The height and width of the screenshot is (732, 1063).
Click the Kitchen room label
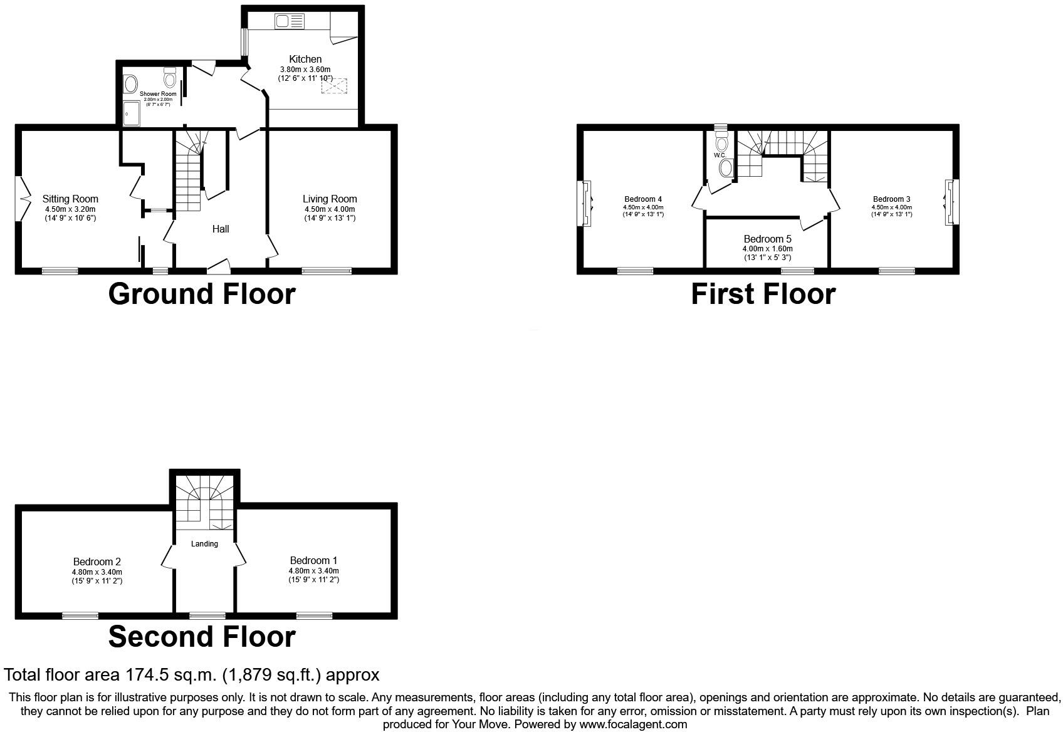(305, 59)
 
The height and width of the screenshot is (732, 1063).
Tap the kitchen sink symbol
(288, 22)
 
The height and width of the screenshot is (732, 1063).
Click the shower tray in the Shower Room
(132, 113)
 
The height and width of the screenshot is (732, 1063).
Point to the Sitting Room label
(70, 199)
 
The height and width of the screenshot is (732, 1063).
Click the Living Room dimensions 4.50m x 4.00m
(330, 209)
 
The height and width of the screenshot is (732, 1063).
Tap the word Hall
(221, 229)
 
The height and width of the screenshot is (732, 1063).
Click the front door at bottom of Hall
(218, 268)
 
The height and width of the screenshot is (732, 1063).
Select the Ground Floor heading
(201, 294)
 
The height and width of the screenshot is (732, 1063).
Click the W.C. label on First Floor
(719, 155)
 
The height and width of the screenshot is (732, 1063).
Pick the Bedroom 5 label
(767, 239)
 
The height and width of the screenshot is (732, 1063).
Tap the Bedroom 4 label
(643, 199)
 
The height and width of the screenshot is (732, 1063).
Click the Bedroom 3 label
(891, 199)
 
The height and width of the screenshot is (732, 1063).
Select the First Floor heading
(763, 294)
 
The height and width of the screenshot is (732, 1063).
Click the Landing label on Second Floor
(204, 543)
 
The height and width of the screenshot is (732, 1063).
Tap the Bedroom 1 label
(313, 560)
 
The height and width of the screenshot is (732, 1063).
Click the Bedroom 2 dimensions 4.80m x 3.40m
(97, 572)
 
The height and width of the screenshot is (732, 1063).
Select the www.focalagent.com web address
(632, 724)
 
